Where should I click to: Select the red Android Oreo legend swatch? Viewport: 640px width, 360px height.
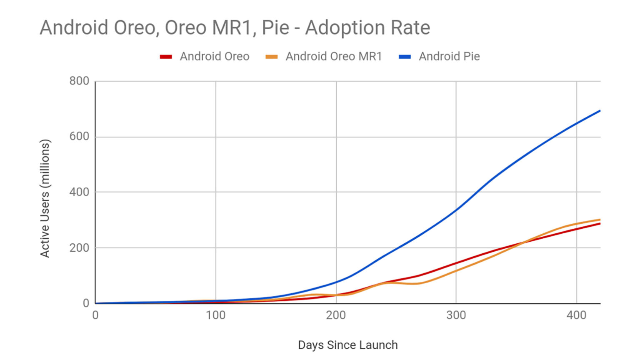click(166, 57)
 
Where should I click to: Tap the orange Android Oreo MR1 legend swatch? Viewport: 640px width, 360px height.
click(272, 57)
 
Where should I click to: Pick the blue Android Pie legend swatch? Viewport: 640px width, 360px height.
click(405, 57)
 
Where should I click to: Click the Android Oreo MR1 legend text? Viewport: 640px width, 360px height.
click(333, 57)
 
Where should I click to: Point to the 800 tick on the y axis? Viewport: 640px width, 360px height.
click(79, 81)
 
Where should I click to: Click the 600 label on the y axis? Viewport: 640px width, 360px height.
click(79, 137)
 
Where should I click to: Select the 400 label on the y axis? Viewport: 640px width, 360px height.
click(79, 192)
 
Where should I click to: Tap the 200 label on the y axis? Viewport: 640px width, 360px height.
click(79, 247)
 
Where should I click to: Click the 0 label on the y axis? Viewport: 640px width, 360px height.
click(86, 303)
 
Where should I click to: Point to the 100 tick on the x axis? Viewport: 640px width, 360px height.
click(215, 315)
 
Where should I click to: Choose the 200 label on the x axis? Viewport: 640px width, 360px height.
click(336, 315)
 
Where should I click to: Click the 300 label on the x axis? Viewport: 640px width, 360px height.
click(456, 315)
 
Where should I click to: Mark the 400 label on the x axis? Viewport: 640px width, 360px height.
click(576, 315)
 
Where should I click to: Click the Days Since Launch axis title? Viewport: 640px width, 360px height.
click(348, 345)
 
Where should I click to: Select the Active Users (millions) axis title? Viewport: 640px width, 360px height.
click(45, 198)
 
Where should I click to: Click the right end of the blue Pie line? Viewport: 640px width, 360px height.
click(600, 111)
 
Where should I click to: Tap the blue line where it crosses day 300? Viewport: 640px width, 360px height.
click(456, 210)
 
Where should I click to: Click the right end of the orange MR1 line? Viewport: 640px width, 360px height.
click(600, 220)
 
